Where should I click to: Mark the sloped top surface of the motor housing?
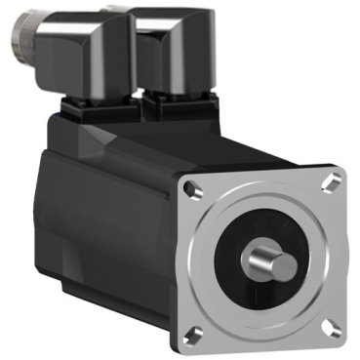tap(146, 137)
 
